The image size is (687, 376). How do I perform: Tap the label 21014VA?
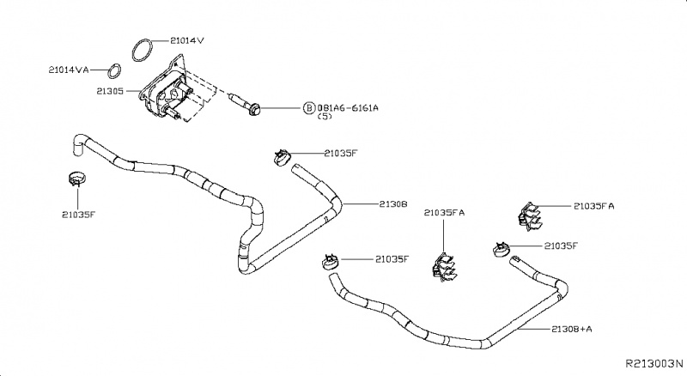[70, 69]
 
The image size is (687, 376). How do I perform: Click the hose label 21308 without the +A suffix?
[392, 204]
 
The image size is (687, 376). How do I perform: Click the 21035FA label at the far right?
[593, 207]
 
